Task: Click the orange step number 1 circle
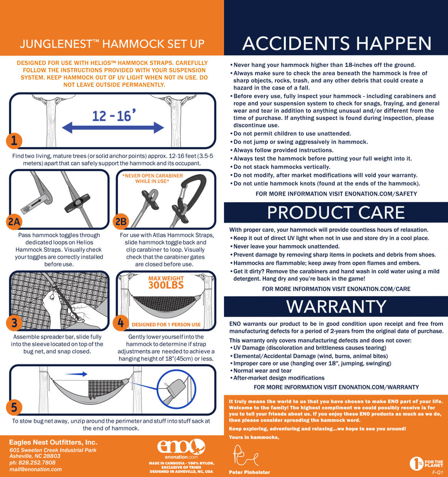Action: [14, 141]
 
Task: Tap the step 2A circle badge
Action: [14, 222]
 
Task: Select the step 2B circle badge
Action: [121, 221]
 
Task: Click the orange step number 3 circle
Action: [14, 322]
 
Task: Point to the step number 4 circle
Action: [121, 322]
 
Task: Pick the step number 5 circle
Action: [14, 407]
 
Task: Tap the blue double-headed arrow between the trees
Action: [113, 128]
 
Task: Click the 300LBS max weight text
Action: [166, 285]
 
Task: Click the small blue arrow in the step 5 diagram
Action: [76, 374]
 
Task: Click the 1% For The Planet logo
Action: [426, 464]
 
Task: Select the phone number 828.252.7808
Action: [37, 463]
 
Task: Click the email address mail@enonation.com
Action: [35, 469]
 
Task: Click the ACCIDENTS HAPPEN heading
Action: [337, 43]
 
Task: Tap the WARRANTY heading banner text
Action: [336, 306]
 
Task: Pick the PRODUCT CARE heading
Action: [336, 213]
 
